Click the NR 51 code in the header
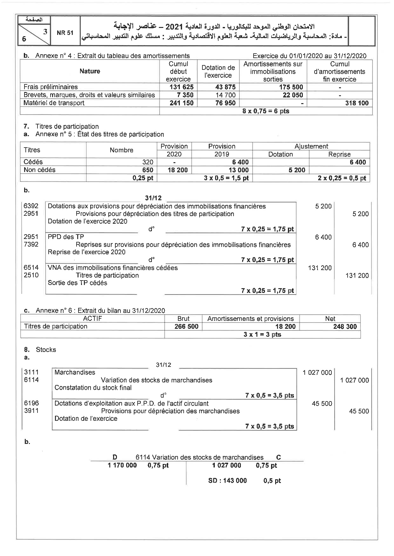[x=65, y=33]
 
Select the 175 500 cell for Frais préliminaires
[x=293, y=87]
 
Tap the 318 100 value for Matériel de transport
[x=357, y=103]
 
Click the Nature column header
[x=90, y=71]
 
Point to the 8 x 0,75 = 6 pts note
[x=266, y=111]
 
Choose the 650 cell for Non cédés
[x=148, y=170]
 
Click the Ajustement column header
[x=311, y=146]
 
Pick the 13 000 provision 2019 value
[x=239, y=170]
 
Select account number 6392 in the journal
[x=31, y=206]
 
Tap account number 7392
[x=31, y=244]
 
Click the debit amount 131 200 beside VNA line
[x=320, y=268]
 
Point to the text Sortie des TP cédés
[x=78, y=283]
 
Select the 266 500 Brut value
[x=186, y=327]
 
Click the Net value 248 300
[x=345, y=327]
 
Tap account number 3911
[x=31, y=411]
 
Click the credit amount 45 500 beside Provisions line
[x=359, y=411]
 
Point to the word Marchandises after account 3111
[x=75, y=372]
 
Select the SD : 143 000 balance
[x=228, y=480]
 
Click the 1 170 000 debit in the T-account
[x=122, y=465]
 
